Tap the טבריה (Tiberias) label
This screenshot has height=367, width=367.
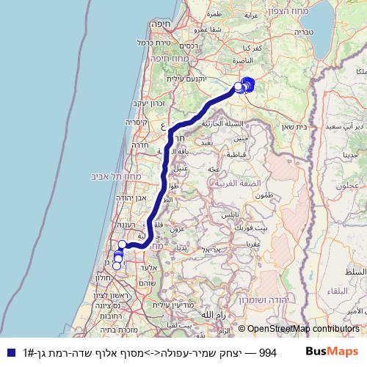point(307,32)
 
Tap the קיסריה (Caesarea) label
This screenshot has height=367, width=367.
point(137,122)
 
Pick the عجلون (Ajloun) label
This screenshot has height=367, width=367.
point(349,186)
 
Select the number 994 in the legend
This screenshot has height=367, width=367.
point(267,353)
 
